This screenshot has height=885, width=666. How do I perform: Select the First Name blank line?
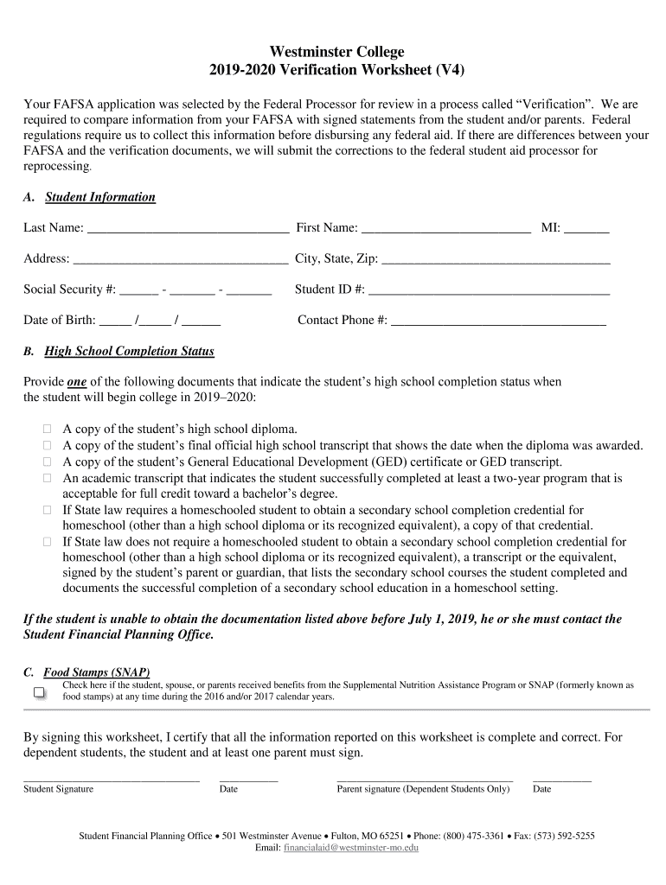(x=445, y=229)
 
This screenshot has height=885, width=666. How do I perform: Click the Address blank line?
(x=181, y=259)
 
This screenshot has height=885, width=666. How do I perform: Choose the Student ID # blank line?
(x=489, y=290)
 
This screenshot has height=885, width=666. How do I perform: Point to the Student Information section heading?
(x=99, y=197)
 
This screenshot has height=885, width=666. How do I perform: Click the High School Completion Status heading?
(x=129, y=352)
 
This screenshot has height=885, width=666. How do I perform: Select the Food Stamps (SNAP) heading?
(x=97, y=672)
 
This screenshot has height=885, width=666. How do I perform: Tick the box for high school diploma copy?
(x=48, y=429)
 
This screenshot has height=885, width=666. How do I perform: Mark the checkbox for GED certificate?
(x=48, y=462)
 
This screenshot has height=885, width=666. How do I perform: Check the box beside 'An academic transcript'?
(x=48, y=478)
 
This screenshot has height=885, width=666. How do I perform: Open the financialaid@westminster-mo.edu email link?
(x=350, y=849)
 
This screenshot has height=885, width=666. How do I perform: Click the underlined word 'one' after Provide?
(x=76, y=382)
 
